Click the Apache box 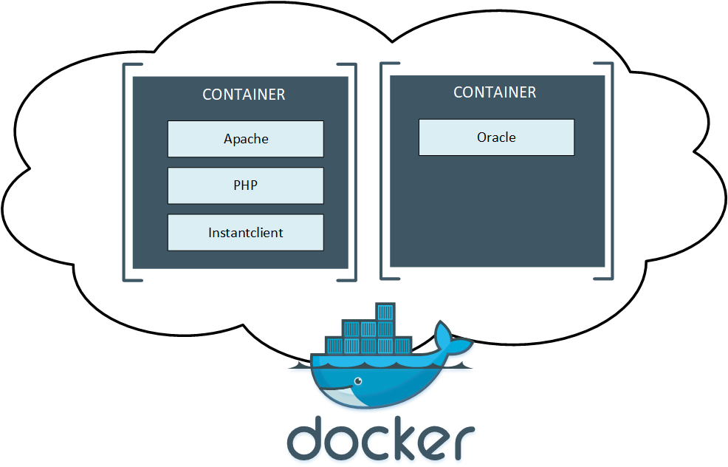click(246, 139)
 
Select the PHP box click(246, 185)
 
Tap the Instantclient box click(246, 232)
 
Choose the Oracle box click(496, 137)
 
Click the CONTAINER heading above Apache click(244, 95)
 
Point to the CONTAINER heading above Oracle click(495, 92)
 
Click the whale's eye click(358, 381)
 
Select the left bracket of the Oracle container click(384, 170)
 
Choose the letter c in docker click(377, 442)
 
